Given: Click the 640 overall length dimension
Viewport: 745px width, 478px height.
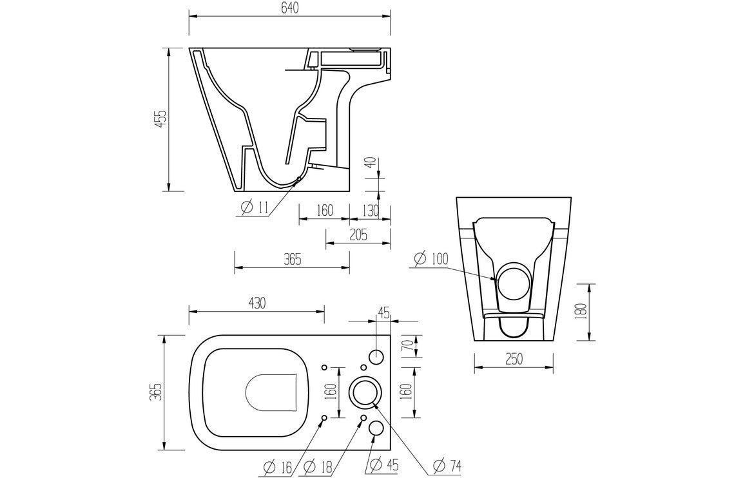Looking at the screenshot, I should pyautogui.click(x=289, y=8).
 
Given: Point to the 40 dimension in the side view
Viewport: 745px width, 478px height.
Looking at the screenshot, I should pyautogui.click(x=369, y=164).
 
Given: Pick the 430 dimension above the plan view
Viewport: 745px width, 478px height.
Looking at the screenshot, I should pyautogui.click(x=256, y=302).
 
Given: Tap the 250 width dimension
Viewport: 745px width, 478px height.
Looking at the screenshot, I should pyautogui.click(x=514, y=359).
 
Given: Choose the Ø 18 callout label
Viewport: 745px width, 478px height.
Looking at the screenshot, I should pyautogui.click(x=317, y=464).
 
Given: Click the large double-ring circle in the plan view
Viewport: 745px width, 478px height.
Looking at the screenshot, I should pyautogui.click(x=364, y=392).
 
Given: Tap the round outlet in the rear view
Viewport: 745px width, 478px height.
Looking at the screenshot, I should pyautogui.click(x=514, y=282).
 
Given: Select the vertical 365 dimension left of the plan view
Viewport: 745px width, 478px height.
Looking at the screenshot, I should pyautogui.click(x=155, y=392).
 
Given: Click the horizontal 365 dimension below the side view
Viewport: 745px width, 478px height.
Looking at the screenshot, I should pyautogui.click(x=291, y=260).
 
